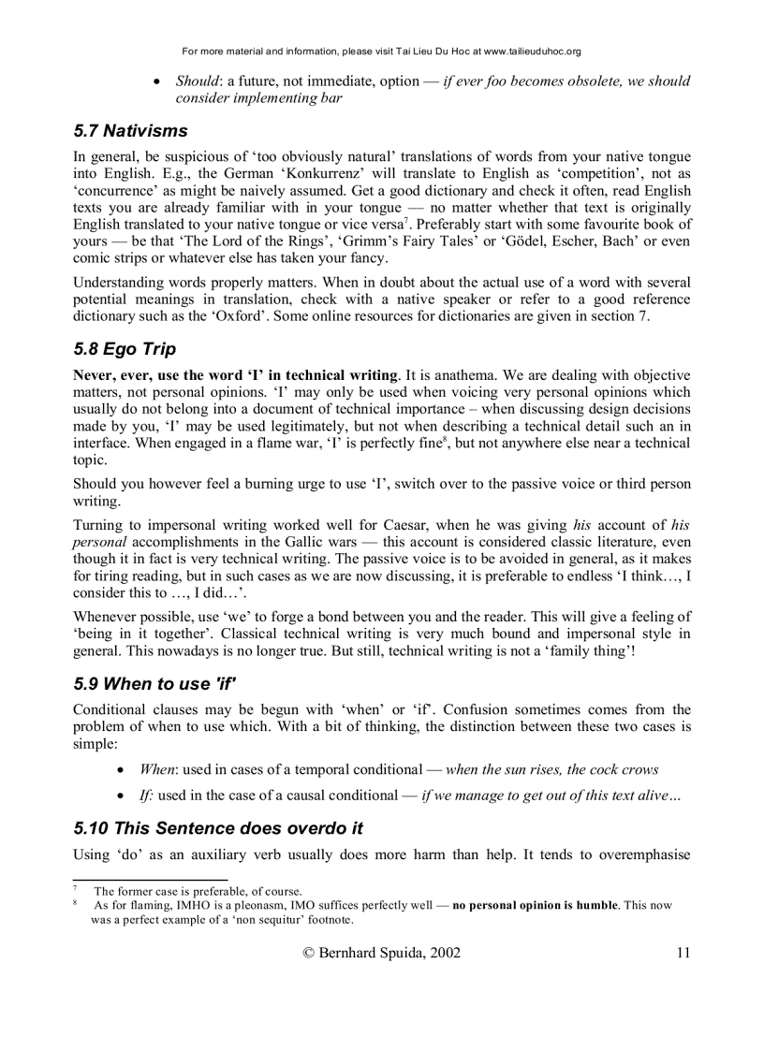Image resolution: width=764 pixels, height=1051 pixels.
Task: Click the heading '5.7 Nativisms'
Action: click(130, 131)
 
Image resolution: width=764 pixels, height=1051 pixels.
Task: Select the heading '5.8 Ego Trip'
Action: click(125, 350)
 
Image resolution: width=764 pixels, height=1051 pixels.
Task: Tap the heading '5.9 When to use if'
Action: click(154, 684)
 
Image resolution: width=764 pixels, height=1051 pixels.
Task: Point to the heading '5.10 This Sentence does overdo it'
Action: click(218, 828)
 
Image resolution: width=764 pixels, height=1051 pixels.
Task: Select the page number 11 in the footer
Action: click(683, 953)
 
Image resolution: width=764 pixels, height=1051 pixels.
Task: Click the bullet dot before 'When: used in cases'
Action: click(122, 770)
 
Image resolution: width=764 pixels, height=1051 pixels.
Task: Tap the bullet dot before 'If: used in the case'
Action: click(122, 796)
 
